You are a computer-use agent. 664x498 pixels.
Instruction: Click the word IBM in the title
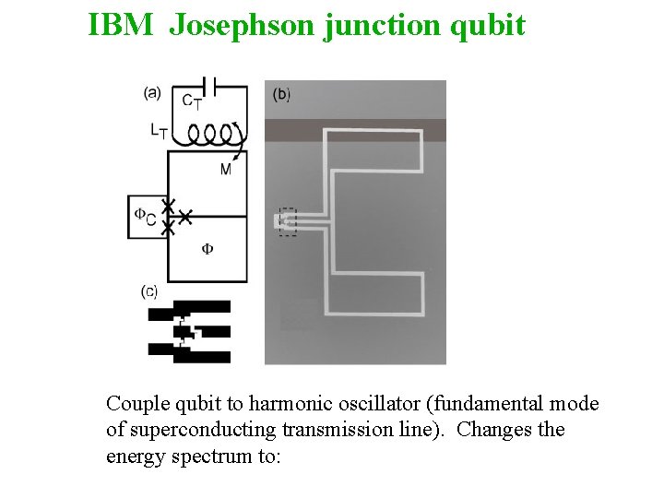point(121,25)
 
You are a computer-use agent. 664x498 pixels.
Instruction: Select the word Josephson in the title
point(243,25)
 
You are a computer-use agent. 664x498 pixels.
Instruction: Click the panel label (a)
point(153,91)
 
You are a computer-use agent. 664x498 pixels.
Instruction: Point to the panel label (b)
point(282,94)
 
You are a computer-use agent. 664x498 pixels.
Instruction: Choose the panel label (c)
point(149,291)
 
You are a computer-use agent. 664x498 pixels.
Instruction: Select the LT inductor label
point(159,132)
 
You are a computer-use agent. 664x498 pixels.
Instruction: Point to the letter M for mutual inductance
point(226,169)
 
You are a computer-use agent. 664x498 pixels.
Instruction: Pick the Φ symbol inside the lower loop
point(207,249)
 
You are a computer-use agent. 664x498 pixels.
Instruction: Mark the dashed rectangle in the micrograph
point(288,221)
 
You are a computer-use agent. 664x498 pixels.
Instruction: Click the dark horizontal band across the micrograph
point(355,130)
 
